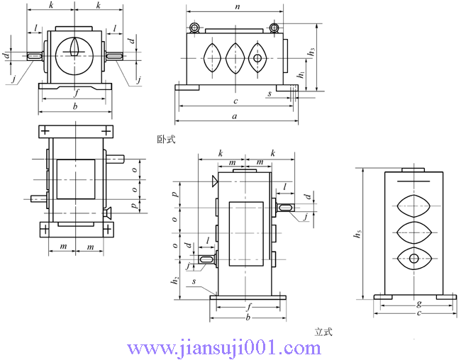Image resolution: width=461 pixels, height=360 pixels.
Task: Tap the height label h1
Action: coord(301,74)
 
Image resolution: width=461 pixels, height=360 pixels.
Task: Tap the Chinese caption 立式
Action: coord(323,331)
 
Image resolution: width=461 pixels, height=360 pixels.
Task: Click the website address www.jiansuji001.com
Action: coord(223,348)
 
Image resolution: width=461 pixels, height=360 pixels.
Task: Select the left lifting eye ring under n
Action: coord(193,28)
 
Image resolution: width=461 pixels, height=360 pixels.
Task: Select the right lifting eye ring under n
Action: coord(274,28)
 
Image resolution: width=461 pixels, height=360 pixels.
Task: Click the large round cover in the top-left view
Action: coord(76,54)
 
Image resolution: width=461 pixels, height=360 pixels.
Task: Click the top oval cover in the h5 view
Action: coord(414,206)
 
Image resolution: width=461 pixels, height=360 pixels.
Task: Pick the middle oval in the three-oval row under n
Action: coord(235,57)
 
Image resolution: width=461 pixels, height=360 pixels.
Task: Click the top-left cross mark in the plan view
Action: coord(46,132)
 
